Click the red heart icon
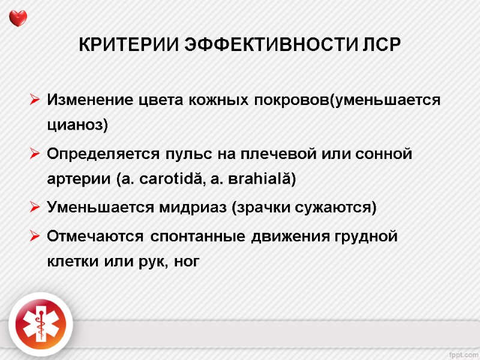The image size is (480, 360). coord(19,17)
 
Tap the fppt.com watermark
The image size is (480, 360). coord(462,350)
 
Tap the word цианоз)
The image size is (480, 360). coord(77,125)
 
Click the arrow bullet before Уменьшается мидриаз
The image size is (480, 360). coord(34,208)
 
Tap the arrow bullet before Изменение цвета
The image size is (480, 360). coord(34,99)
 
